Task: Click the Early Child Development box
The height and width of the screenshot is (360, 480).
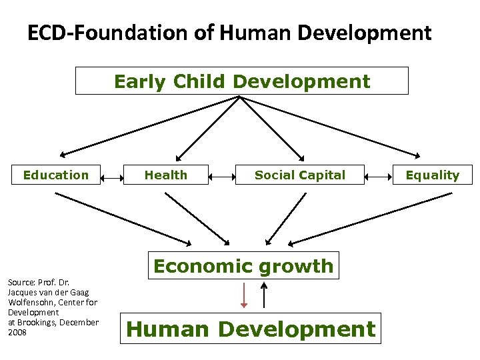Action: pyautogui.click(x=241, y=81)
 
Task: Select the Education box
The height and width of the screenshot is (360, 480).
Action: pyautogui.click(x=56, y=175)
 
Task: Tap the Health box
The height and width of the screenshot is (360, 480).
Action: pyautogui.click(x=166, y=175)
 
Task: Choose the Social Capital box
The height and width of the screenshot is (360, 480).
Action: pyautogui.click(x=300, y=175)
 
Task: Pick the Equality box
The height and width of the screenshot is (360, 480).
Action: pyautogui.click(x=433, y=175)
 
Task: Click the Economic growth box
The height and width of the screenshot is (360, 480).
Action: pyautogui.click(x=243, y=265)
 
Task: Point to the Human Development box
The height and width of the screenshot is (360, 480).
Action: pyautogui.click(x=251, y=329)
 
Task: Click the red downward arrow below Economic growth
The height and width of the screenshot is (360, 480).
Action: pyautogui.click(x=244, y=295)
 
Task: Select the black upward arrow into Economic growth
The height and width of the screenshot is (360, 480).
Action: pyautogui.click(x=265, y=295)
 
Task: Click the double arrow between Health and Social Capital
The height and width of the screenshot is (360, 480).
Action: pyautogui.click(x=221, y=177)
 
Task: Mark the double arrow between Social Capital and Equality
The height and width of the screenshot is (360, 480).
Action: pyautogui.click(x=379, y=177)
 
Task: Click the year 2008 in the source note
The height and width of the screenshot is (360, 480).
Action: pyautogui.click(x=17, y=333)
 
